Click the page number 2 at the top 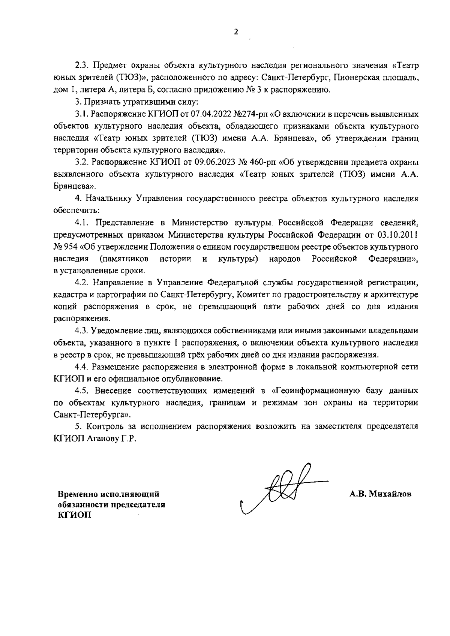[x=235, y=32]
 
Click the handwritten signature [x=282, y=488]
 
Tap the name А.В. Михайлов [x=381, y=494]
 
